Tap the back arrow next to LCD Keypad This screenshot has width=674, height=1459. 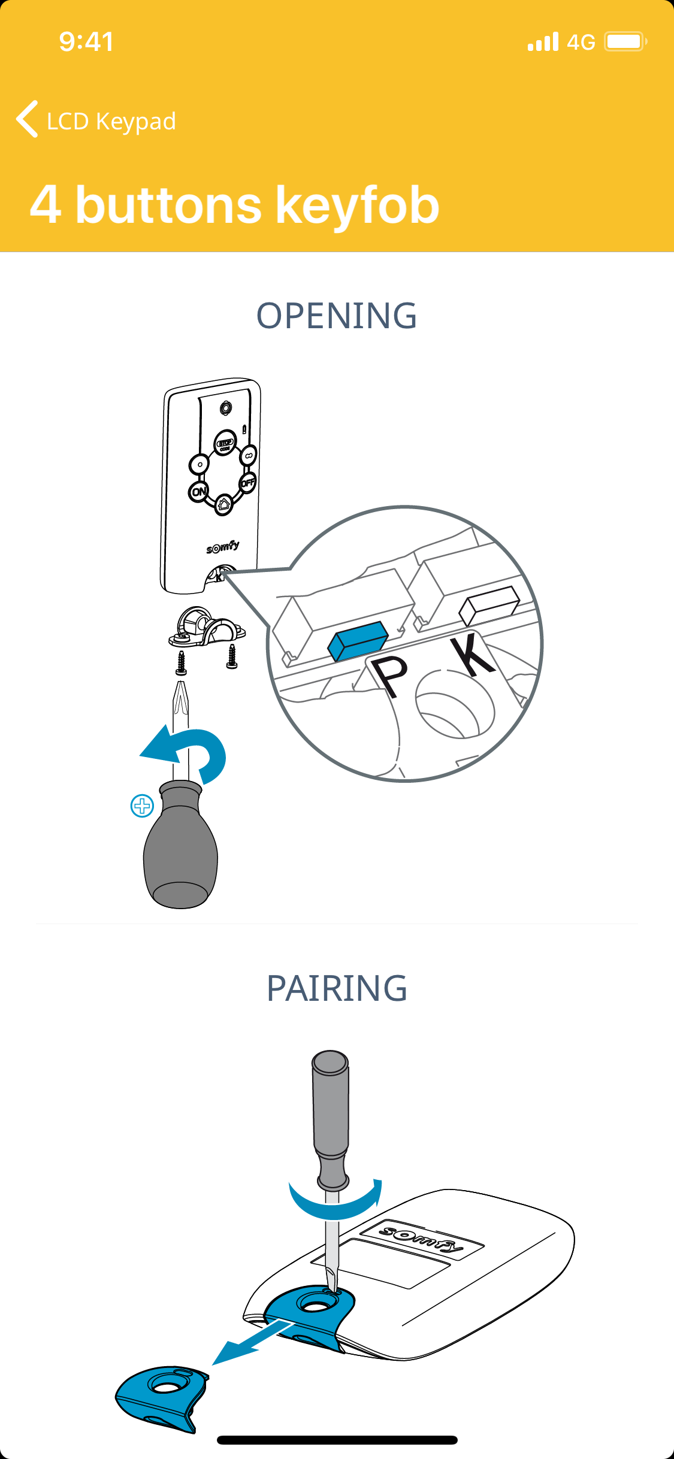[27, 119]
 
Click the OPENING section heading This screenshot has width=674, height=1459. [337, 316]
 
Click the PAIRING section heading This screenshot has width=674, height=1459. [337, 988]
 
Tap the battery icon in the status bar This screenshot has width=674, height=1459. [625, 41]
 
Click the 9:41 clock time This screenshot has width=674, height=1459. [86, 41]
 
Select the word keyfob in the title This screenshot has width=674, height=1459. [358, 205]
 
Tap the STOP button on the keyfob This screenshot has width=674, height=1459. [225, 443]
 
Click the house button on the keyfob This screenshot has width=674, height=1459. [224, 504]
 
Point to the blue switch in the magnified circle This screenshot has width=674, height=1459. [358, 640]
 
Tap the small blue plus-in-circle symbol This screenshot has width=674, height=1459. [142, 806]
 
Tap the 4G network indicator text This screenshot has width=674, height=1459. [581, 42]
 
